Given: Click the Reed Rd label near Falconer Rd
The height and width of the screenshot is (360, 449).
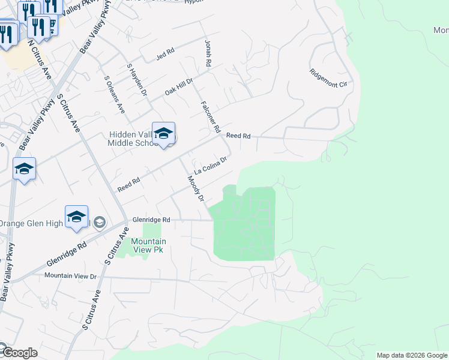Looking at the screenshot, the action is pos(238,136).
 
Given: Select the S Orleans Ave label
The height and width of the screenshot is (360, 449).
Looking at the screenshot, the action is pos(114,95).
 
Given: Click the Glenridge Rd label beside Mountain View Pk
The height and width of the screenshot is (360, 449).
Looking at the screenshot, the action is pos(152,220).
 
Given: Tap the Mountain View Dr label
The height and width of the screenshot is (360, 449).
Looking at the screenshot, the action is pos(70,276).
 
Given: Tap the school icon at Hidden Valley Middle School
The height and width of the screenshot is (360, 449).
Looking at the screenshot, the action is pos(163,134).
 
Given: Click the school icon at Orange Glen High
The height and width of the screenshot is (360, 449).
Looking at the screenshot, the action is pos(77,217).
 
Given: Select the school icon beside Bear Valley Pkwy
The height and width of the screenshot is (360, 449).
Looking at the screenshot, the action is pos(24,169).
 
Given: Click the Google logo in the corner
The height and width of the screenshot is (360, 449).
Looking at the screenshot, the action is pos(19,353).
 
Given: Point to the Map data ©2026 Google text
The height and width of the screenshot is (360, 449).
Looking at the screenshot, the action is pos(412,355).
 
